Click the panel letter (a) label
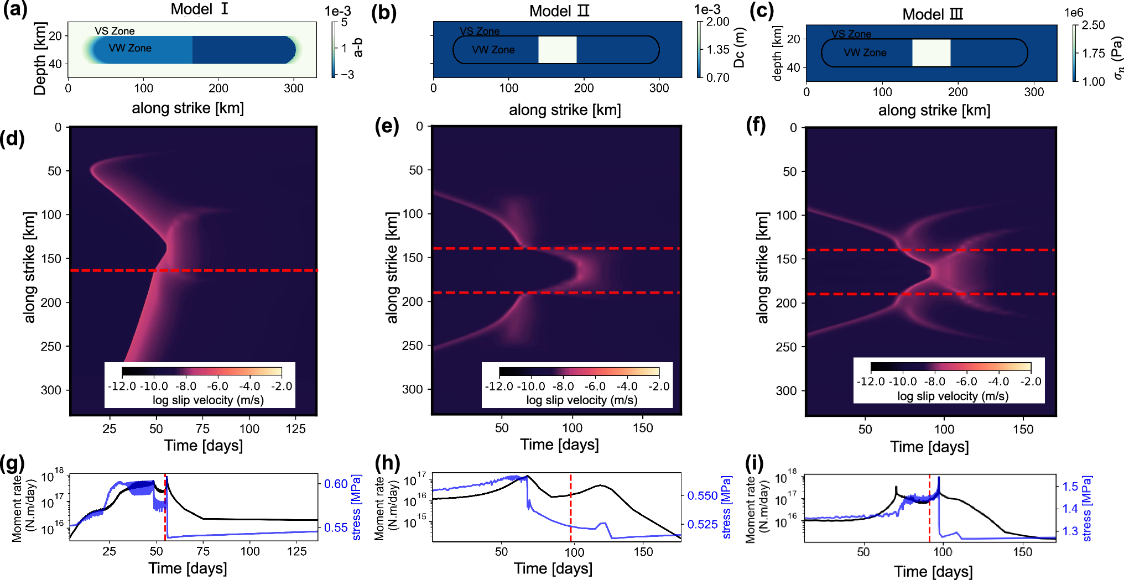[x=15, y=11]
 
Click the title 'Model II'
[x=559, y=11]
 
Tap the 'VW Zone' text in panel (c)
[x=865, y=53]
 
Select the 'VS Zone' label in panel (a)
[x=115, y=31]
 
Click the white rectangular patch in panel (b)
[x=557, y=50]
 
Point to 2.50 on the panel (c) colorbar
[x=1093, y=25]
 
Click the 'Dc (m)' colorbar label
[x=739, y=48]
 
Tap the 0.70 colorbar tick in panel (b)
[x=717, y=77]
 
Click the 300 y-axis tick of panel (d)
[x=51, y=390]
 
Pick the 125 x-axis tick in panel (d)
[x=295, y=429]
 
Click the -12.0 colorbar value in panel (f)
[x=871, y=382]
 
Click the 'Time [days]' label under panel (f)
[x=929, y=447]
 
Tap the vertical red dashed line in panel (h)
[x=570, y=506]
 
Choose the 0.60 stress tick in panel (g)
[x=336, y=484]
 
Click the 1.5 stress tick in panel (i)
[x=1070, y=487]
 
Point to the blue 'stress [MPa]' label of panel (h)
[x=726, y=506]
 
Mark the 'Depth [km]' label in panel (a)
[x=39, y=59]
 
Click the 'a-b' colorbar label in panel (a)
[x=358, y=48]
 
